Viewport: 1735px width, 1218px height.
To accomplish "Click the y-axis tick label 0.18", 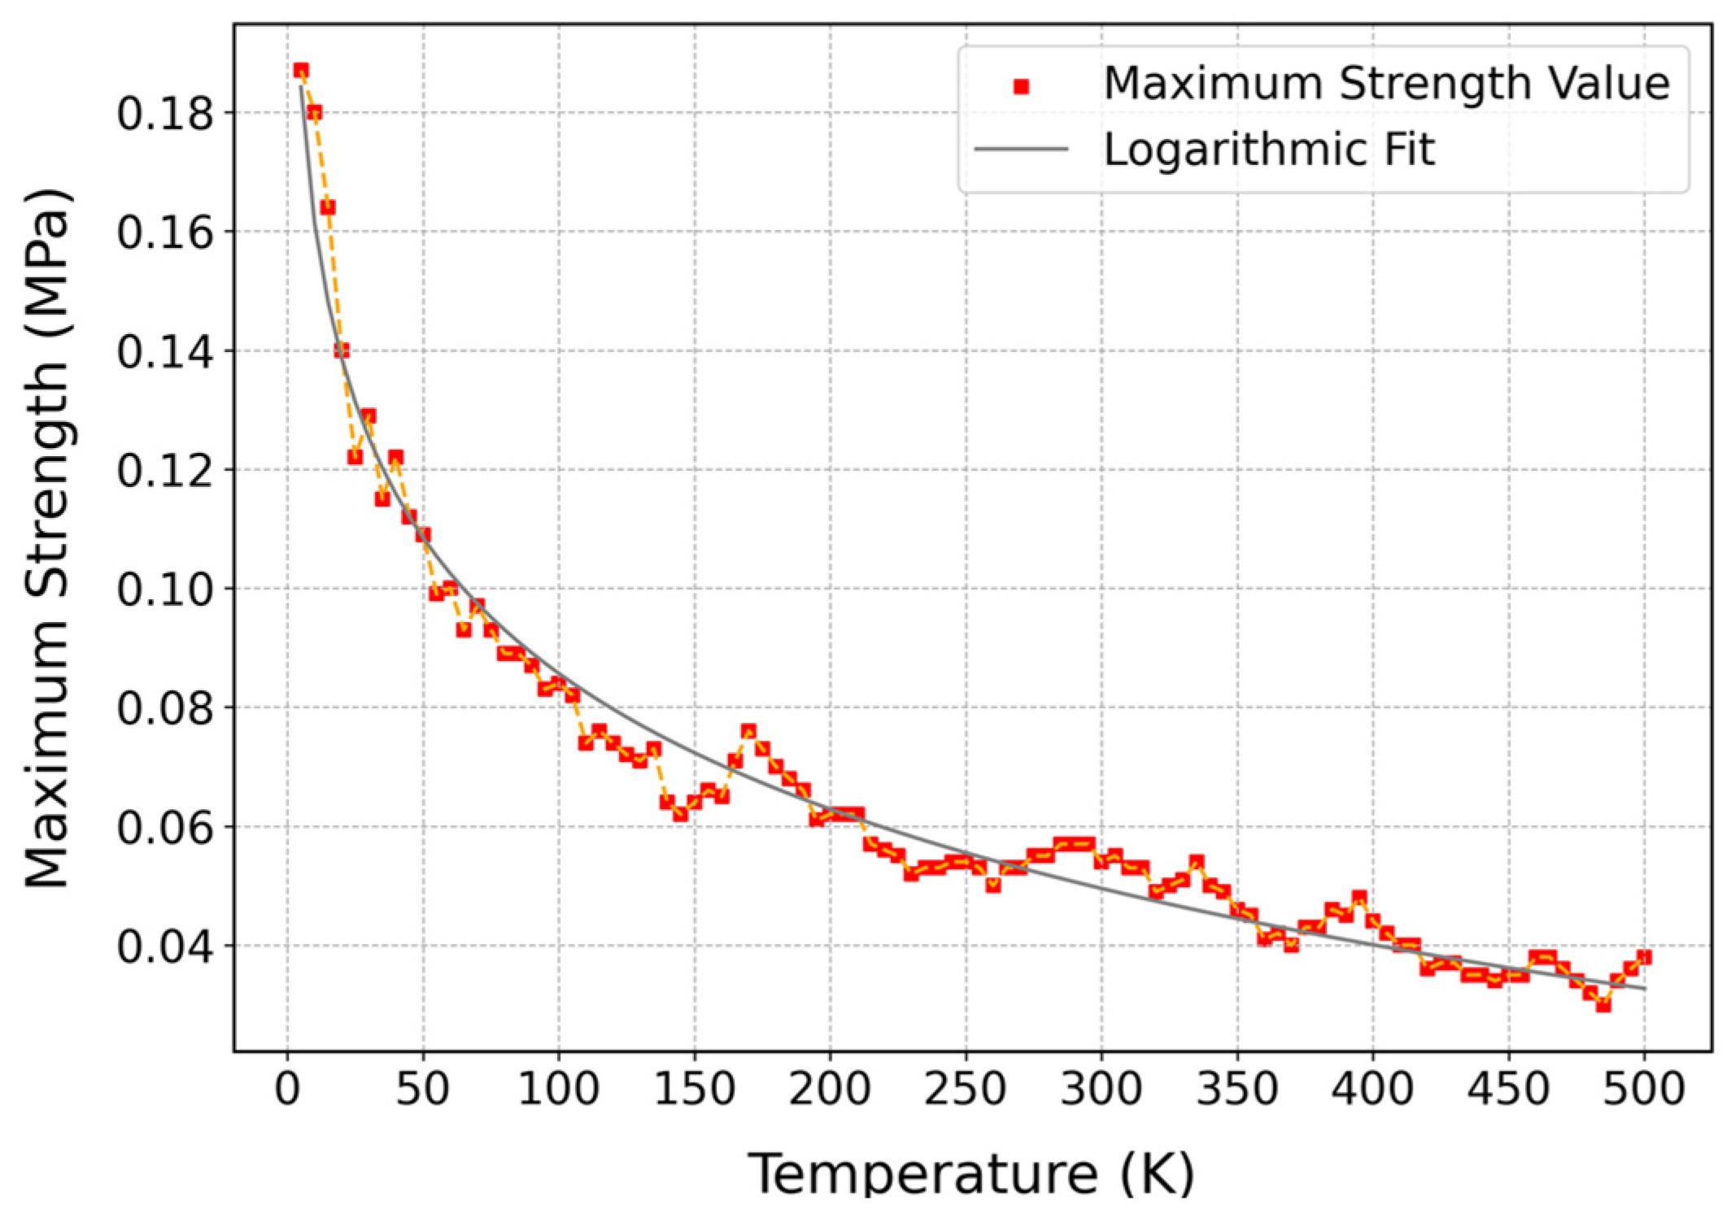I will tap(166, 113).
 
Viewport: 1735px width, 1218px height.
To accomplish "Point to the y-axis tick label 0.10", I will tap(166, 589).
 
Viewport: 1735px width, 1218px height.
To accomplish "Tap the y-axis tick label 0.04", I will tap(166, 946).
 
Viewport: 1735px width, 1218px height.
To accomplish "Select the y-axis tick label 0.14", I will tap(166, 351).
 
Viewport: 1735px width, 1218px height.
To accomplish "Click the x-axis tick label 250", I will tap(966, 1089).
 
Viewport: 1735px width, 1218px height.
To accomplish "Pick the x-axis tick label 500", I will tap(1643, 1089).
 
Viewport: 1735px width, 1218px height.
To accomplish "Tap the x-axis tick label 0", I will tap(287, 1089).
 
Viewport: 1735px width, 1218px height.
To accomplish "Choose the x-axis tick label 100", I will tap(559, 1089).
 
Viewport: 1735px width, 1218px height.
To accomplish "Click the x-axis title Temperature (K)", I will tap(971, 1173).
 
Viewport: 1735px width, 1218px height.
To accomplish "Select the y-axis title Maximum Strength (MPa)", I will tap(47, 538).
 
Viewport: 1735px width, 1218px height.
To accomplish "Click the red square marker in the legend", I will tap(1022, 86).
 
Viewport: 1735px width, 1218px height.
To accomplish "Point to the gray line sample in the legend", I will tap(1022, 149).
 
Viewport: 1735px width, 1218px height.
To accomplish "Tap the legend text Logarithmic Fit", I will tap(1269, 150).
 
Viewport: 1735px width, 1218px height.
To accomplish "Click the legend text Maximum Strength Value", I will tap(1386, 84).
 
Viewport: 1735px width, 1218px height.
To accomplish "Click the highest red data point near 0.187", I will tap(301, 71).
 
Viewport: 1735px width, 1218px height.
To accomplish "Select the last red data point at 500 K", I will tap(1643, 957).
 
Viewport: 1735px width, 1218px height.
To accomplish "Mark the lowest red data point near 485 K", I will tap(1603, 1005).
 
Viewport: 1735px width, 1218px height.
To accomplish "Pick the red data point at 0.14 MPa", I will tap(342, 350).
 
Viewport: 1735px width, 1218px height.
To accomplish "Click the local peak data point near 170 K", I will tap(748, 731).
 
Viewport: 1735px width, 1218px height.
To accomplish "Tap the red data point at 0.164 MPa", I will tap(328, 207).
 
